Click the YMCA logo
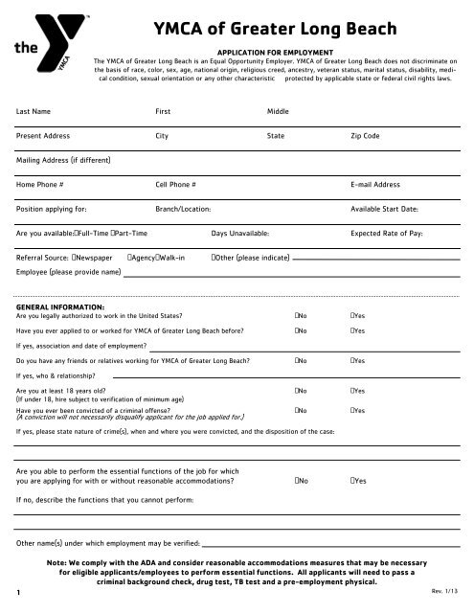(x=46, y=40)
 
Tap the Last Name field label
(x=35, y=111)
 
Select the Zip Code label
(x=366, y=137)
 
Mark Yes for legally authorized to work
(x=353, y=315)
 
